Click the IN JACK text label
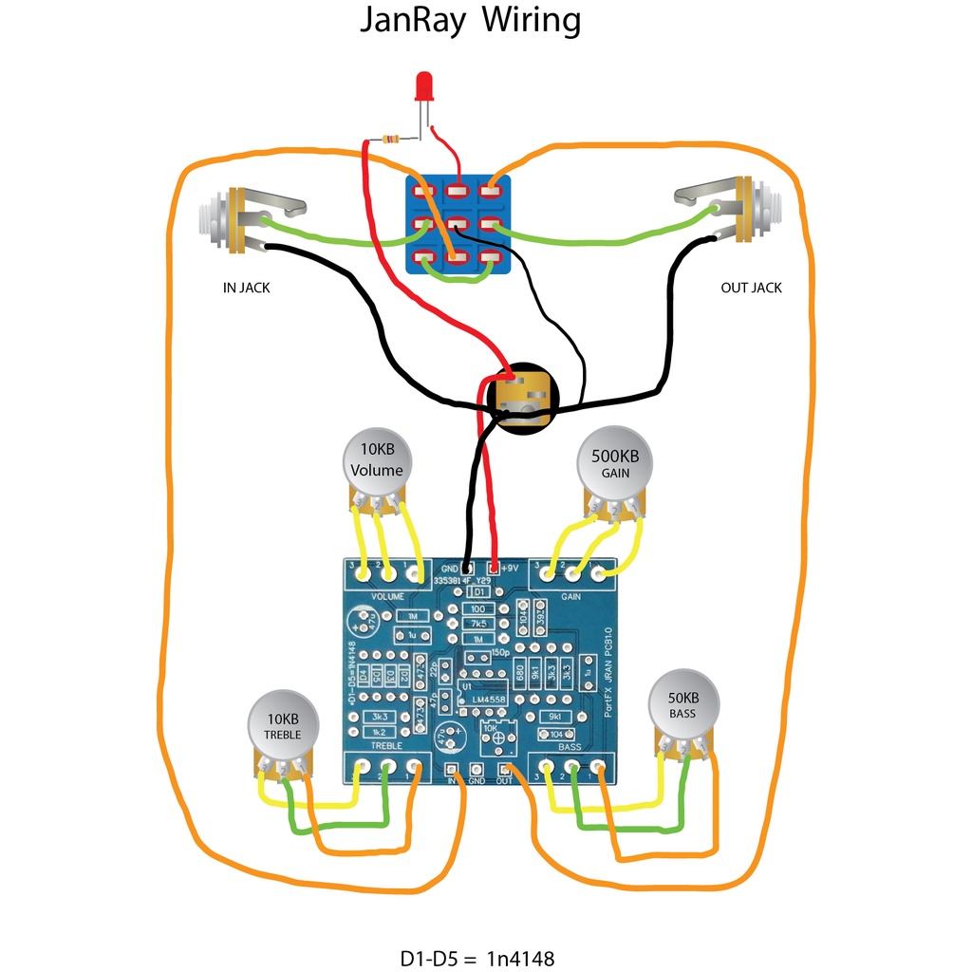click(246, 288)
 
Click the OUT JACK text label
click(751, 288)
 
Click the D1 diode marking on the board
click(479, 591)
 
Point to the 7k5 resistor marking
click(479, 624)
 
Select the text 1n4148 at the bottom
click(526, 957)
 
